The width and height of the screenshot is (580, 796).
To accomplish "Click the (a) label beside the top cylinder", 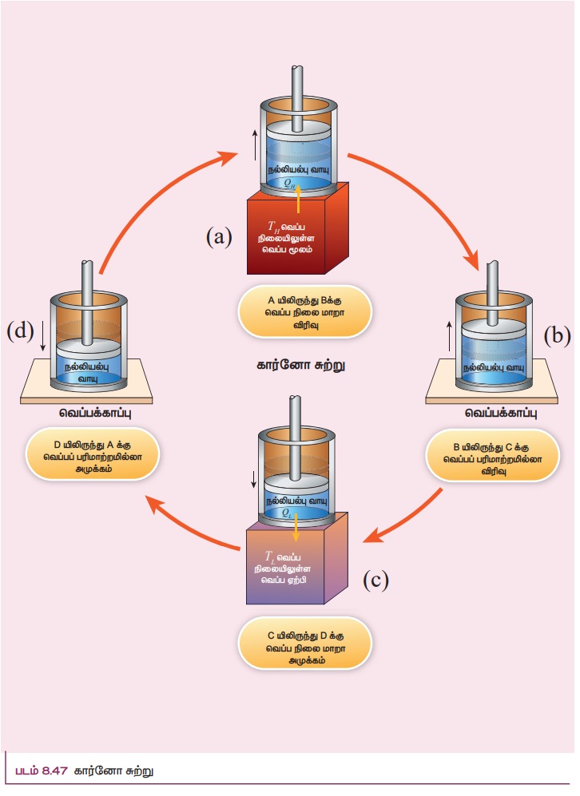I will (x=219, y=236).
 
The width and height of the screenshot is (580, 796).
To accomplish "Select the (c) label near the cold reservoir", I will (x=375, y=579).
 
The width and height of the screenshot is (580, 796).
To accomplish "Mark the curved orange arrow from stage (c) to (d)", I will (x=192, y=527).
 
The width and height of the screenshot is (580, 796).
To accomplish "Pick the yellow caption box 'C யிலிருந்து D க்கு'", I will (x=304, y=647).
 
